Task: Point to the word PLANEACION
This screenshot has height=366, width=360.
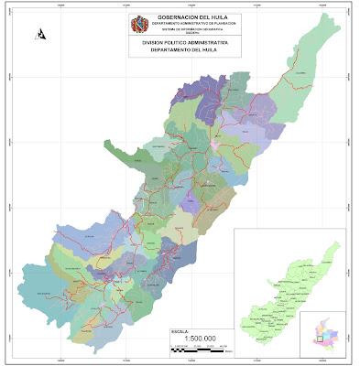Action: pyautogui.click(x=223, y=24)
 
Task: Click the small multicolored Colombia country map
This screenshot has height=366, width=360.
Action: pyautogui.click(x=325, y=331)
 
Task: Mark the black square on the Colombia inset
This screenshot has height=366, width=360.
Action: pyautogui.click(x=319, y=338)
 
